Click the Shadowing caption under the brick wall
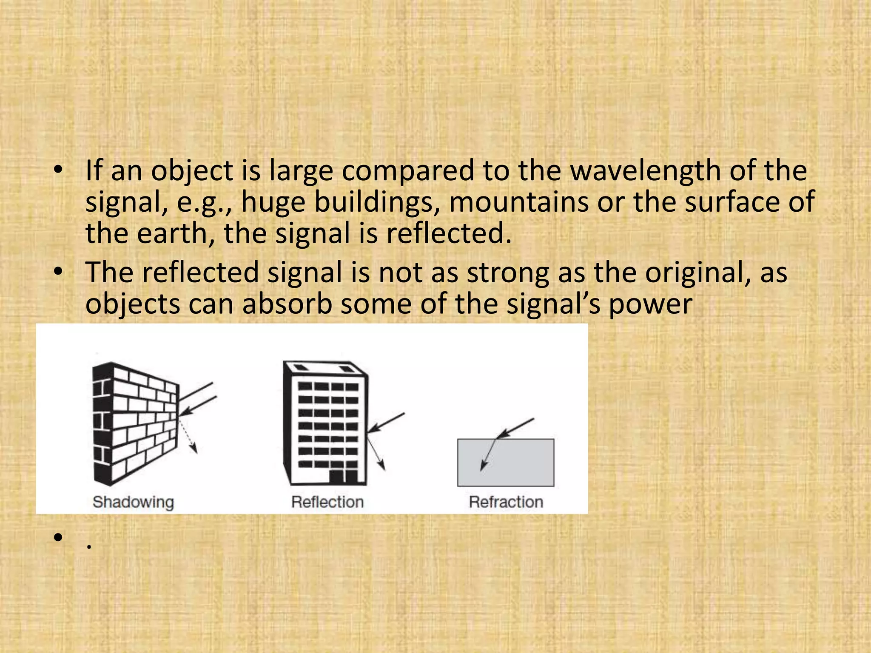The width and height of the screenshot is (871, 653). click(x=133, y=502)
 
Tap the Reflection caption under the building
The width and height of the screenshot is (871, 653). click(x=327, y=502)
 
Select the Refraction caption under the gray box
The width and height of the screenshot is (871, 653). click(x=506, y=502)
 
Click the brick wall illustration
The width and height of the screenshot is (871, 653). click(x=134, y=423)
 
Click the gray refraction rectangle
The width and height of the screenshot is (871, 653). click(x=506, y=462)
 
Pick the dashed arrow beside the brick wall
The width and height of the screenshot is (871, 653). click(x=188, y=436)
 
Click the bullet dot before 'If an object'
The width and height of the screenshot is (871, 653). click(x=58, y=170)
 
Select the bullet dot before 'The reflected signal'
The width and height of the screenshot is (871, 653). click(x=58, y=272)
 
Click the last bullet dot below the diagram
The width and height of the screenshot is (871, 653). click(x=58, y=537)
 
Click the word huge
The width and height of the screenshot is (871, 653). click(x=273, y=203)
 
